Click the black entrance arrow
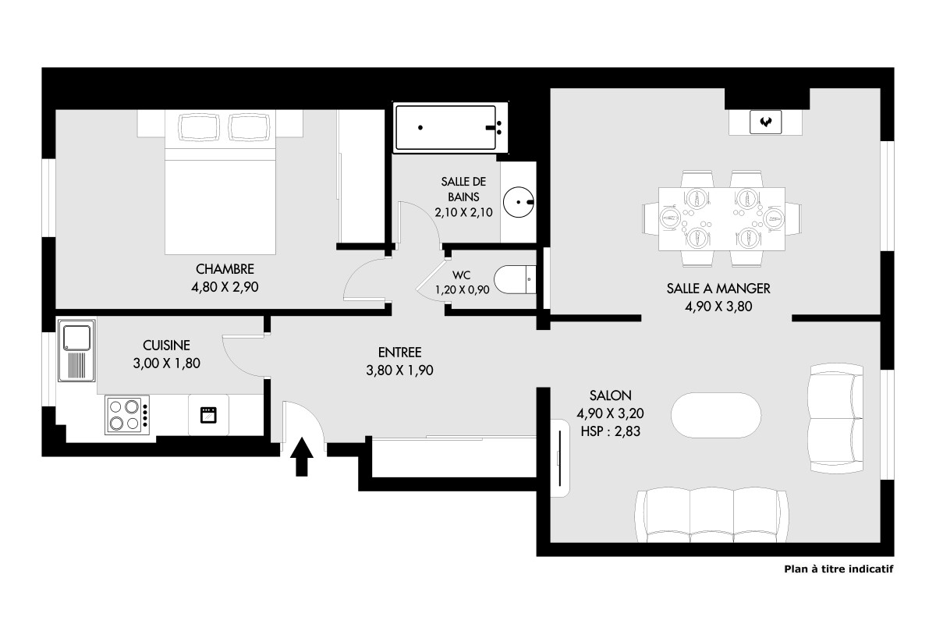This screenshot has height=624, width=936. click(302, 456)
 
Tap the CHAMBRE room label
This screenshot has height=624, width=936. click(225, 269)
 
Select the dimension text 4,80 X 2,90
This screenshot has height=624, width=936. click(225, 287)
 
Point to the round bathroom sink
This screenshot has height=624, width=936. click(519, 202)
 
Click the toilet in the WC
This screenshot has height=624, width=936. click(515, 279)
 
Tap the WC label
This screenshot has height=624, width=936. click(461, 275)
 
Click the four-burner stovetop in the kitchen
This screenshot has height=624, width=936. click(127, 415)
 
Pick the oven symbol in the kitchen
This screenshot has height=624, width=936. click(208, 415)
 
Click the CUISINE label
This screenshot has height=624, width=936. click(166, 346)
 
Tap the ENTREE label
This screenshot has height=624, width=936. click(399, 353)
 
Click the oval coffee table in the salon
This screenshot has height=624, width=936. click(716, 415)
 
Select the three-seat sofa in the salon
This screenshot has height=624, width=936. click(711, 515)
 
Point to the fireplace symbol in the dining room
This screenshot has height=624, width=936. click(765, 122)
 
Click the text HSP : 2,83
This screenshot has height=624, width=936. click(611, 431)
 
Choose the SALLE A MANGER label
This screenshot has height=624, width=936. click(718, 289)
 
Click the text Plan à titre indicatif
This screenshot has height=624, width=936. click(838, 569)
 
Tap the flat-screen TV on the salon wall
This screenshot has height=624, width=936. click(560, 459)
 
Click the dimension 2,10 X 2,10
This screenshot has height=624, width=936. click(463, 213)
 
